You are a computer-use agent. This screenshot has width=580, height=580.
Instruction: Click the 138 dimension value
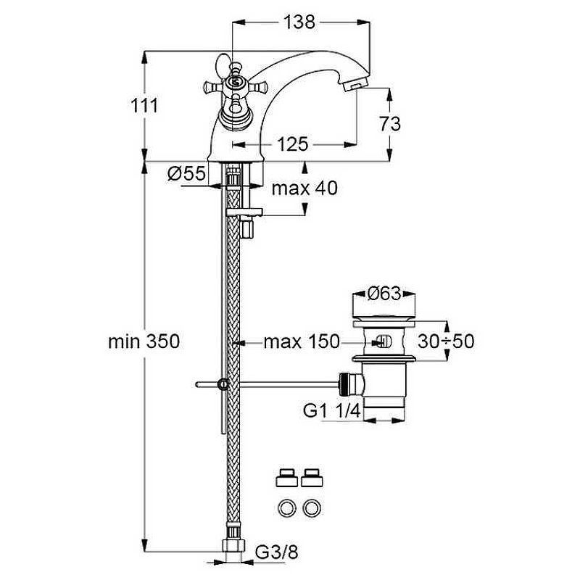point(299,22)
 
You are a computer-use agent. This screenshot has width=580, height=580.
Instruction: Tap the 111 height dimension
point(144,106)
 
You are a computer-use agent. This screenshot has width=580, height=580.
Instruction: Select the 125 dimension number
point(292,144)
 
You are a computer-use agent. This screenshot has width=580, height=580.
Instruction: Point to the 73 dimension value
point(389,124)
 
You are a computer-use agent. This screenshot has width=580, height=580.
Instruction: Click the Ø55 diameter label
point(186,173)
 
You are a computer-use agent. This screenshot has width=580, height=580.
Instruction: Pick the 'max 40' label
point(304,188)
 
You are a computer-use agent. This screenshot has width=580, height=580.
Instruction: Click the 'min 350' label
point(144,341)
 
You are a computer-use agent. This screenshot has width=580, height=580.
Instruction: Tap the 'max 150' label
point(302,341)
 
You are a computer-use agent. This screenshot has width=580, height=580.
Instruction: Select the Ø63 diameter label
point(384,294)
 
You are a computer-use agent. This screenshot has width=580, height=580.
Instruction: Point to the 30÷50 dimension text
point(446,341)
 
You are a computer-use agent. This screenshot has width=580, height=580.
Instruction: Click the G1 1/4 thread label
point(331,410)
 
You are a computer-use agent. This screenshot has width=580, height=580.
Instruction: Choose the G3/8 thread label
point(277,553)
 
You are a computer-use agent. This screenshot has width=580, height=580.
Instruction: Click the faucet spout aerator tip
point(355,85)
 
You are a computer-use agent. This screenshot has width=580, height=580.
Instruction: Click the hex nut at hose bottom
point(233,546)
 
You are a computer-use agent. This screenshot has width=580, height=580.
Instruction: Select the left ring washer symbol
point(286,508)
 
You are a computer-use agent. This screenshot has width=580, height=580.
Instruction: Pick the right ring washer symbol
point(312,508)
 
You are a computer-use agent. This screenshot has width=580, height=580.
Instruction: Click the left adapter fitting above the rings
point(286,478)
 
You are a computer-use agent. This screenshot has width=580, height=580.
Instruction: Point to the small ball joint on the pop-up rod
point(223,384)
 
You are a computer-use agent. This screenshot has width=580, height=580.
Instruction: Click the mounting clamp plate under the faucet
point(244,212)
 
